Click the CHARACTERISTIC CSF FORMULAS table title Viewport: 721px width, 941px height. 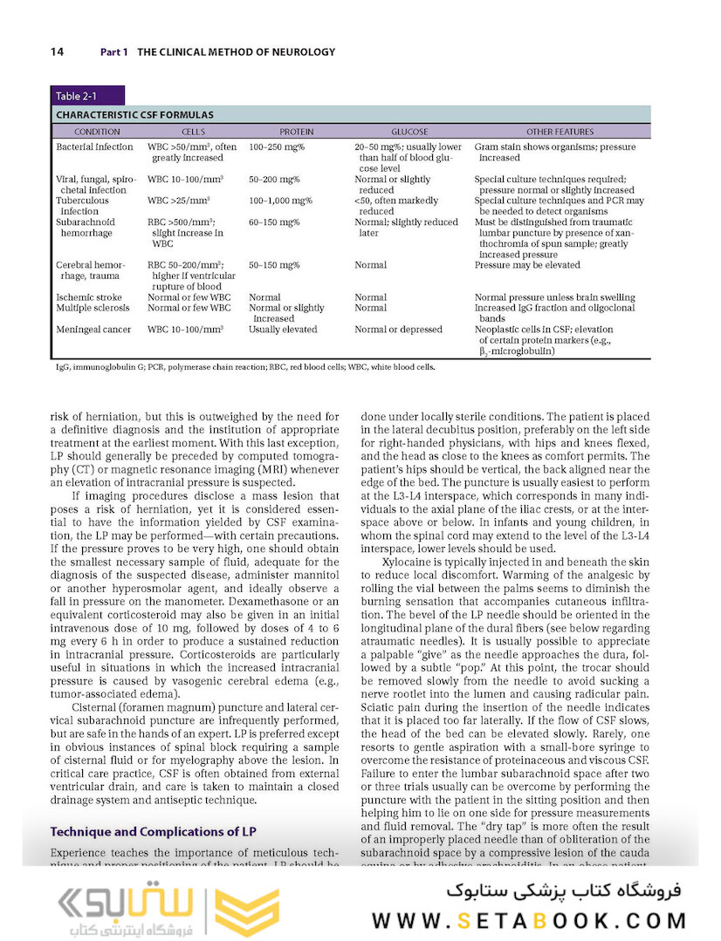(134, 114)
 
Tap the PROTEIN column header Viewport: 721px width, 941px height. (296, 132)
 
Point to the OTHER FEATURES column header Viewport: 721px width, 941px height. (560, 132)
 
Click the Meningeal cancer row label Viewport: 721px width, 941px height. (93, 330)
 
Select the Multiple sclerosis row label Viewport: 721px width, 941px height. (93, 308)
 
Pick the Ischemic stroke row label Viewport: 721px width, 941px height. (90, 297)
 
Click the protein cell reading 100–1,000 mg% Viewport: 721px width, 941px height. (280, 201)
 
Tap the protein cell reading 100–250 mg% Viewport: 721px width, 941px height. (276, 147)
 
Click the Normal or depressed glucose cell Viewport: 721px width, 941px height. (398, 330)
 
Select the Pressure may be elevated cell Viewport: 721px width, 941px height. (527, 264)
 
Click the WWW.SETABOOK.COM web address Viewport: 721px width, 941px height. (530, 920)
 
